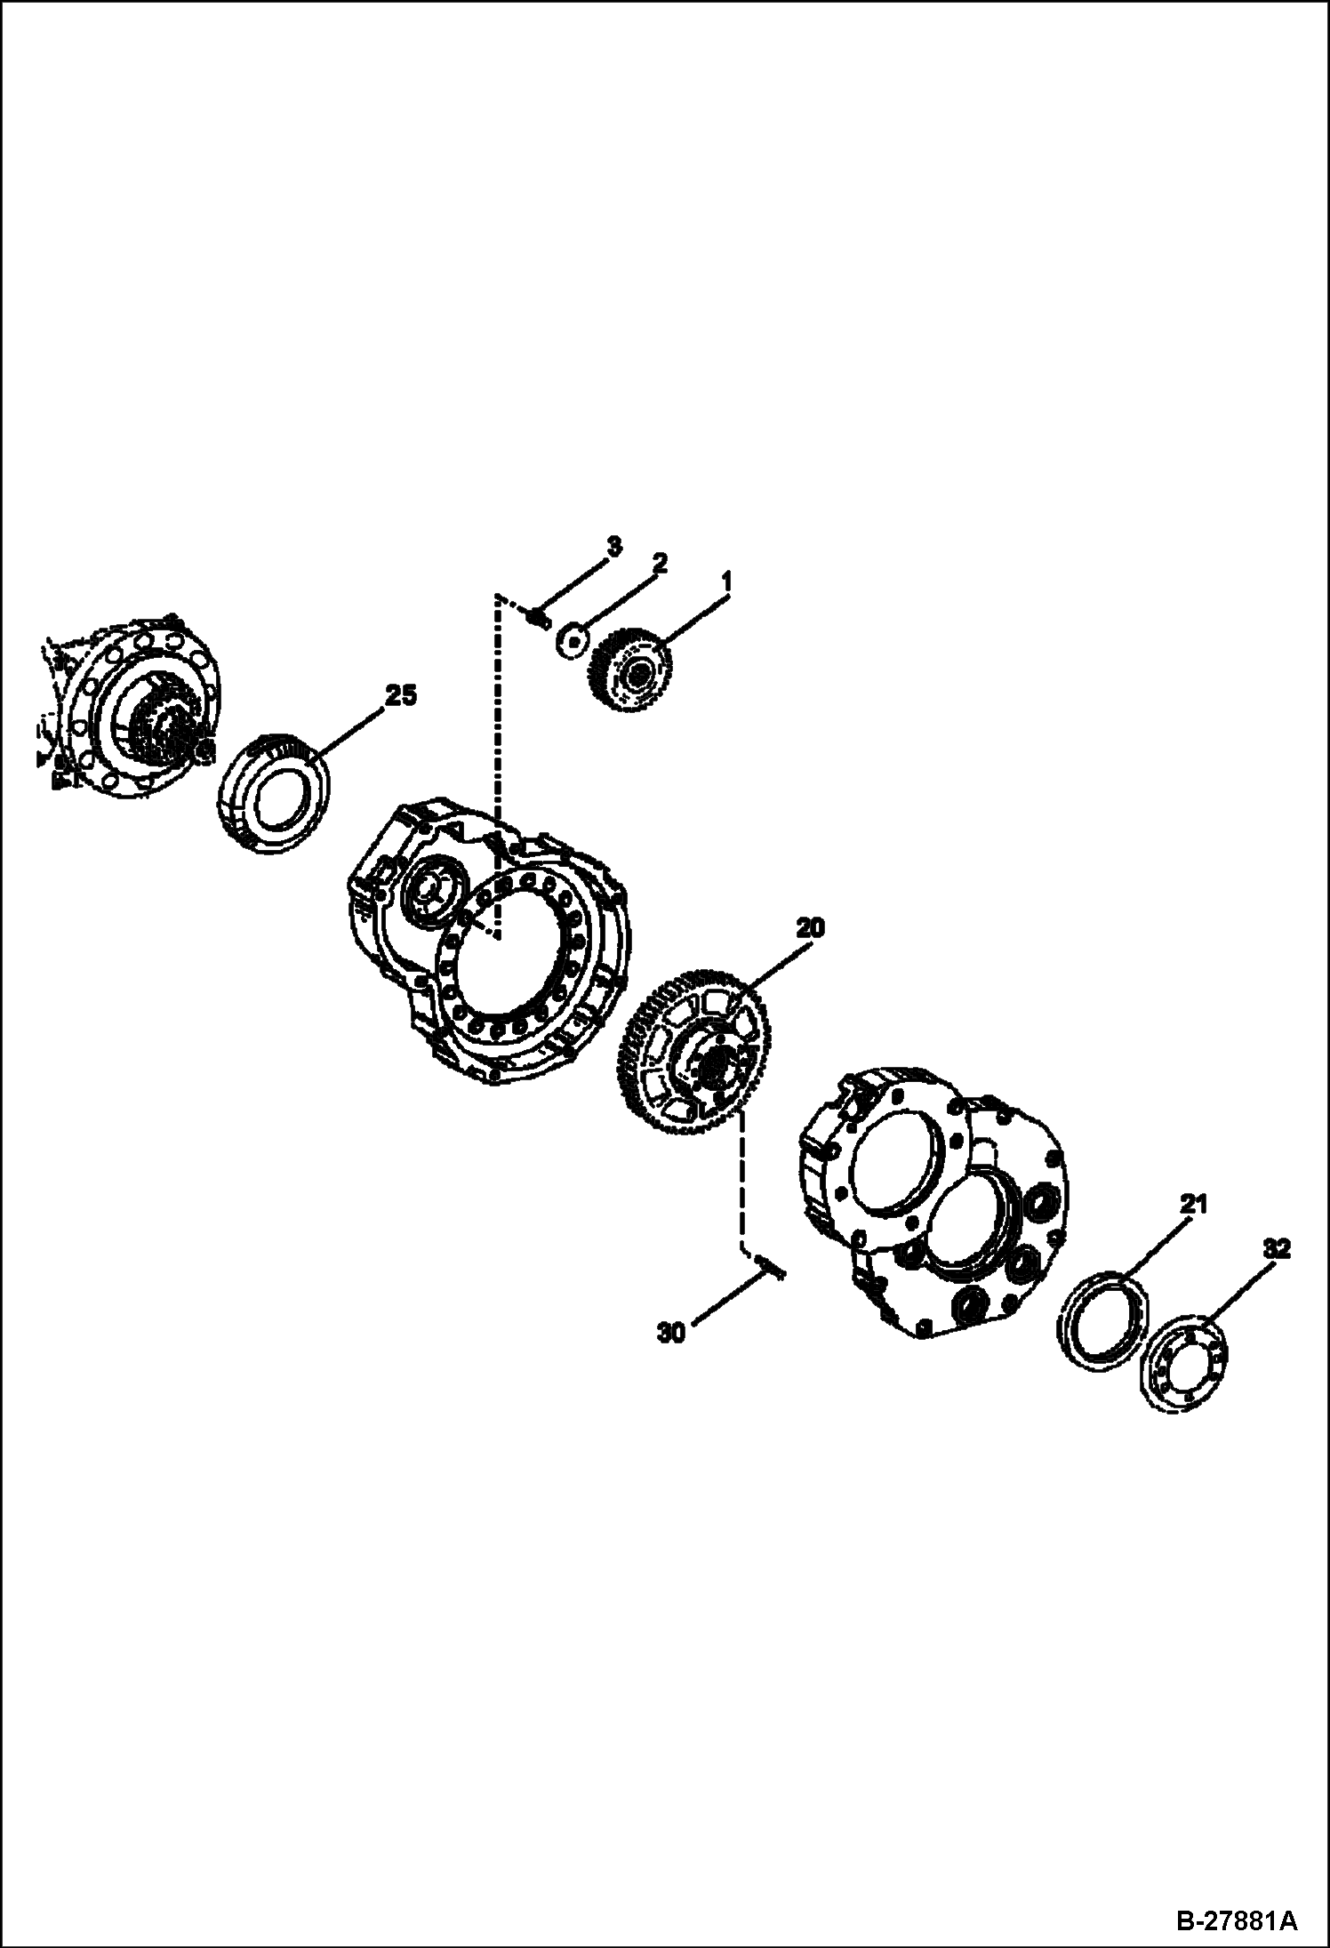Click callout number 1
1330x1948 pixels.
(726, 582)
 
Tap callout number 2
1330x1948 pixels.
(660, 564)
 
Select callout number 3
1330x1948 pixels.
(614, 545)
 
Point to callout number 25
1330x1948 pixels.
(400, 695)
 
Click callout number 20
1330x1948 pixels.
(811, 928)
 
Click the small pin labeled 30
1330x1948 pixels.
(770, 1265)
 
